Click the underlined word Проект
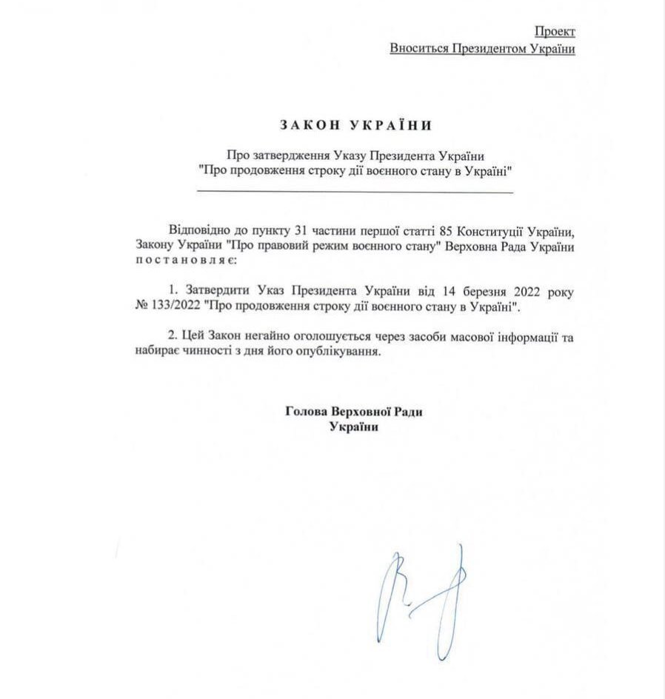tap(555, 31)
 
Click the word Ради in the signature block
tap(414, 411)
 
